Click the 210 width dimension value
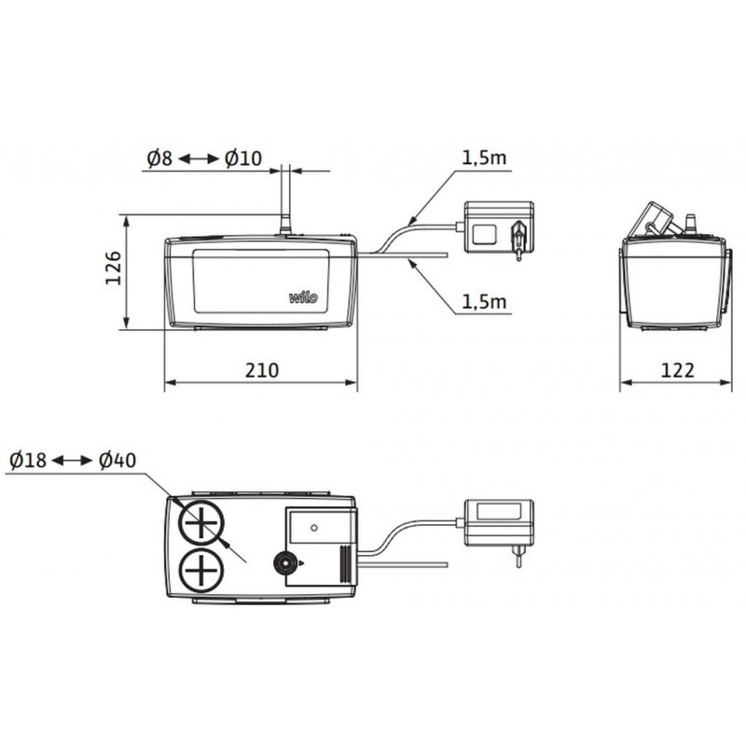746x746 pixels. click(x=262, y=370)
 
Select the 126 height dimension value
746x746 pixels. click(x=113, y=268)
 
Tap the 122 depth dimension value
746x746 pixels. click(x=678, y=370)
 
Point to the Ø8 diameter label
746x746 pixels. click(x=159, y=158)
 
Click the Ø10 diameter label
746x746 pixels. click(x=243, y=158)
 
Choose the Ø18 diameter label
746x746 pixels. click(x=28, y=460)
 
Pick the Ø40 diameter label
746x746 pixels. click(x=117, y=460)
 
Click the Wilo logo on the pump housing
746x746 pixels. click(x=303, y=297)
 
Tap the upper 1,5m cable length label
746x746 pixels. click(x=484, y=158)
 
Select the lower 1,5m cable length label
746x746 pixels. click(x=484, y=301)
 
